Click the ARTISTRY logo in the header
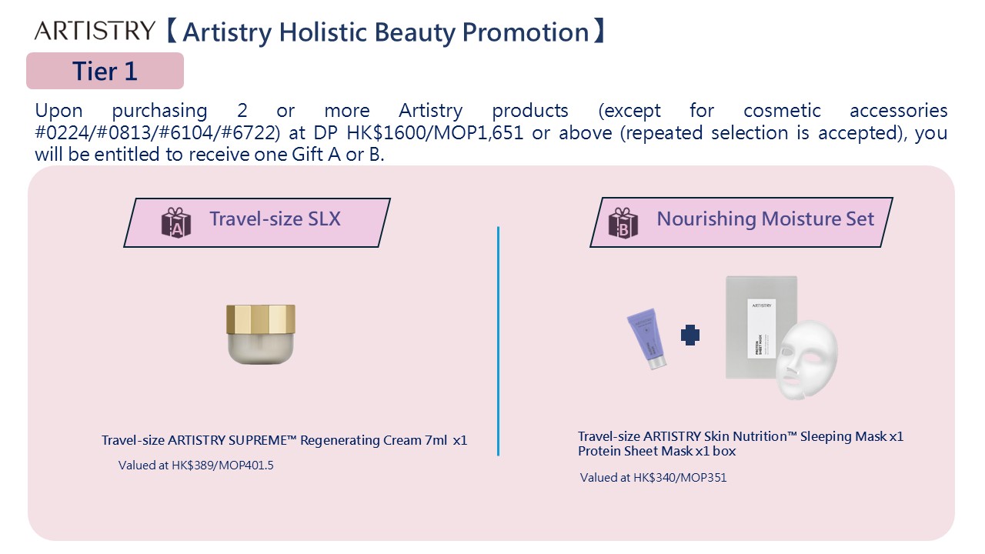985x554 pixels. pyautogui.click(x=95, y=30)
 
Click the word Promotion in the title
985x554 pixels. pyautogui.click(x=526, y=32)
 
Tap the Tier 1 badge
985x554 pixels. pyautogui.click(x=105, y=71)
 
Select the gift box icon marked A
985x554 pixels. pyautogui.click(x=176, y=223)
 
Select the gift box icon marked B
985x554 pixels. pyautogui.click(x=623, y=223)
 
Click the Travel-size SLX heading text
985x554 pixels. pyautogui.click(x=275, y=219)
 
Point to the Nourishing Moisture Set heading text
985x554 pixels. pyautogui.click(x=765, y=219)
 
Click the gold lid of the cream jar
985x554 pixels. pyautogui.click(x=261, y=319)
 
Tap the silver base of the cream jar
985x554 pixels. pyautogui.click(x=261, y=349)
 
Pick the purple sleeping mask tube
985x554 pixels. pyautogui.click(x=646, y=338)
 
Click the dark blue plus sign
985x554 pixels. pyautogui.click(x=690, y=335)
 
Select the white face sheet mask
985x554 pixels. pyautogui.click(x=806, y=359)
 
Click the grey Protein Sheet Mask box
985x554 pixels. pyautogui.click(x=761, y=327)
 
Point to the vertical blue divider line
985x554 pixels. pyautogui.click(x=498, y=341)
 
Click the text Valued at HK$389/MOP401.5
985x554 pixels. pyautogui.click(x=195, y=466)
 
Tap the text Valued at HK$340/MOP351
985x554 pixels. pyautogui.click(x=653, y=478)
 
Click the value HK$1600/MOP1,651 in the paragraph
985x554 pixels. pyautogui.click(x=435, y=133)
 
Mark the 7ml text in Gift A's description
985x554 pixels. pyautogui.click(x=436, y=440)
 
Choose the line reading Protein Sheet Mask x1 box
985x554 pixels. pyautogui.click(x=656, y=451)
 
